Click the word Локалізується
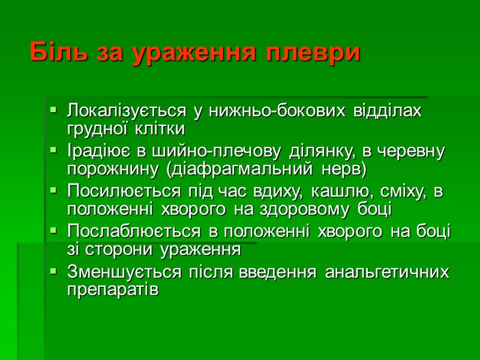[x=127, y=112]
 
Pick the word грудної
[x=98, y=130]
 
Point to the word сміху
[x=398, y=192]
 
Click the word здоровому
[x=305, y=209]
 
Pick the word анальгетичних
[x=386, y=272]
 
